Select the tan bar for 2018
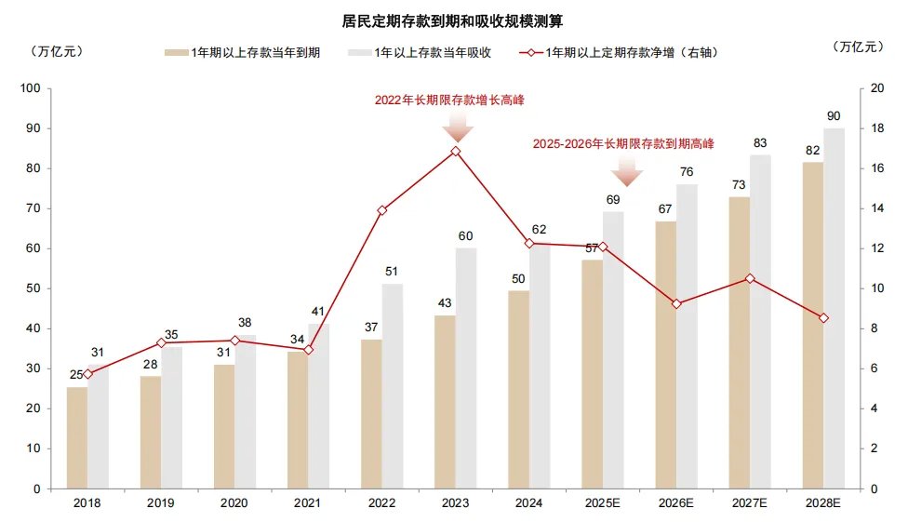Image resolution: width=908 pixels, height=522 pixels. [x=77, y=437]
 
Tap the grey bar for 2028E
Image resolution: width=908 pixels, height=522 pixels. [x=834, y=307]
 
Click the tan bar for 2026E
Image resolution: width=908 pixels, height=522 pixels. [x=665, y=354]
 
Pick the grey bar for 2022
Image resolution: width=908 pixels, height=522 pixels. [x=392, y=386]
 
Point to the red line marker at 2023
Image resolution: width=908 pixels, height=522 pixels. [x=456, y=151]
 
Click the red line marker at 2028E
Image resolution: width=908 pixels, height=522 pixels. [x=823, y=318]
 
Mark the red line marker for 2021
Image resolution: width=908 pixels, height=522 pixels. [x=309, y=350]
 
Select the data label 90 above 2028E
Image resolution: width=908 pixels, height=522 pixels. [x=835, y=116]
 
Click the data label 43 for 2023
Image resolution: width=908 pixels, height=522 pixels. [x=445, y=304]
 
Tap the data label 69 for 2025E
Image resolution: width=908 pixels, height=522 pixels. [x=613, y=200]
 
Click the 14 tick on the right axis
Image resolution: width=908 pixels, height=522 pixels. [x=875, y=209]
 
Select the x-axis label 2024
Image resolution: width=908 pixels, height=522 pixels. [x=529, y=502]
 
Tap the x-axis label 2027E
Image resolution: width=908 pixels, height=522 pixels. [x=750, y=502]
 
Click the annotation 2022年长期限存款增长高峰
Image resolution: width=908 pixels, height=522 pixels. [x=456, y=99]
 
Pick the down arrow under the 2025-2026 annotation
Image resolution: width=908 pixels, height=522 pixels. [x=628, y=171]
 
